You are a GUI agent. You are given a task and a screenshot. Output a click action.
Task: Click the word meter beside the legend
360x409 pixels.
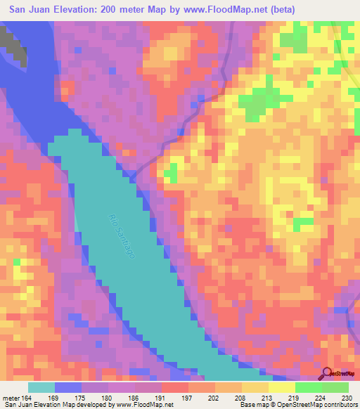pyautogui.click(x=11, y=398)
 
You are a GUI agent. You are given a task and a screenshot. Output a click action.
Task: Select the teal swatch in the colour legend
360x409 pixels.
pyautogui.click(x=41, y=387)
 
